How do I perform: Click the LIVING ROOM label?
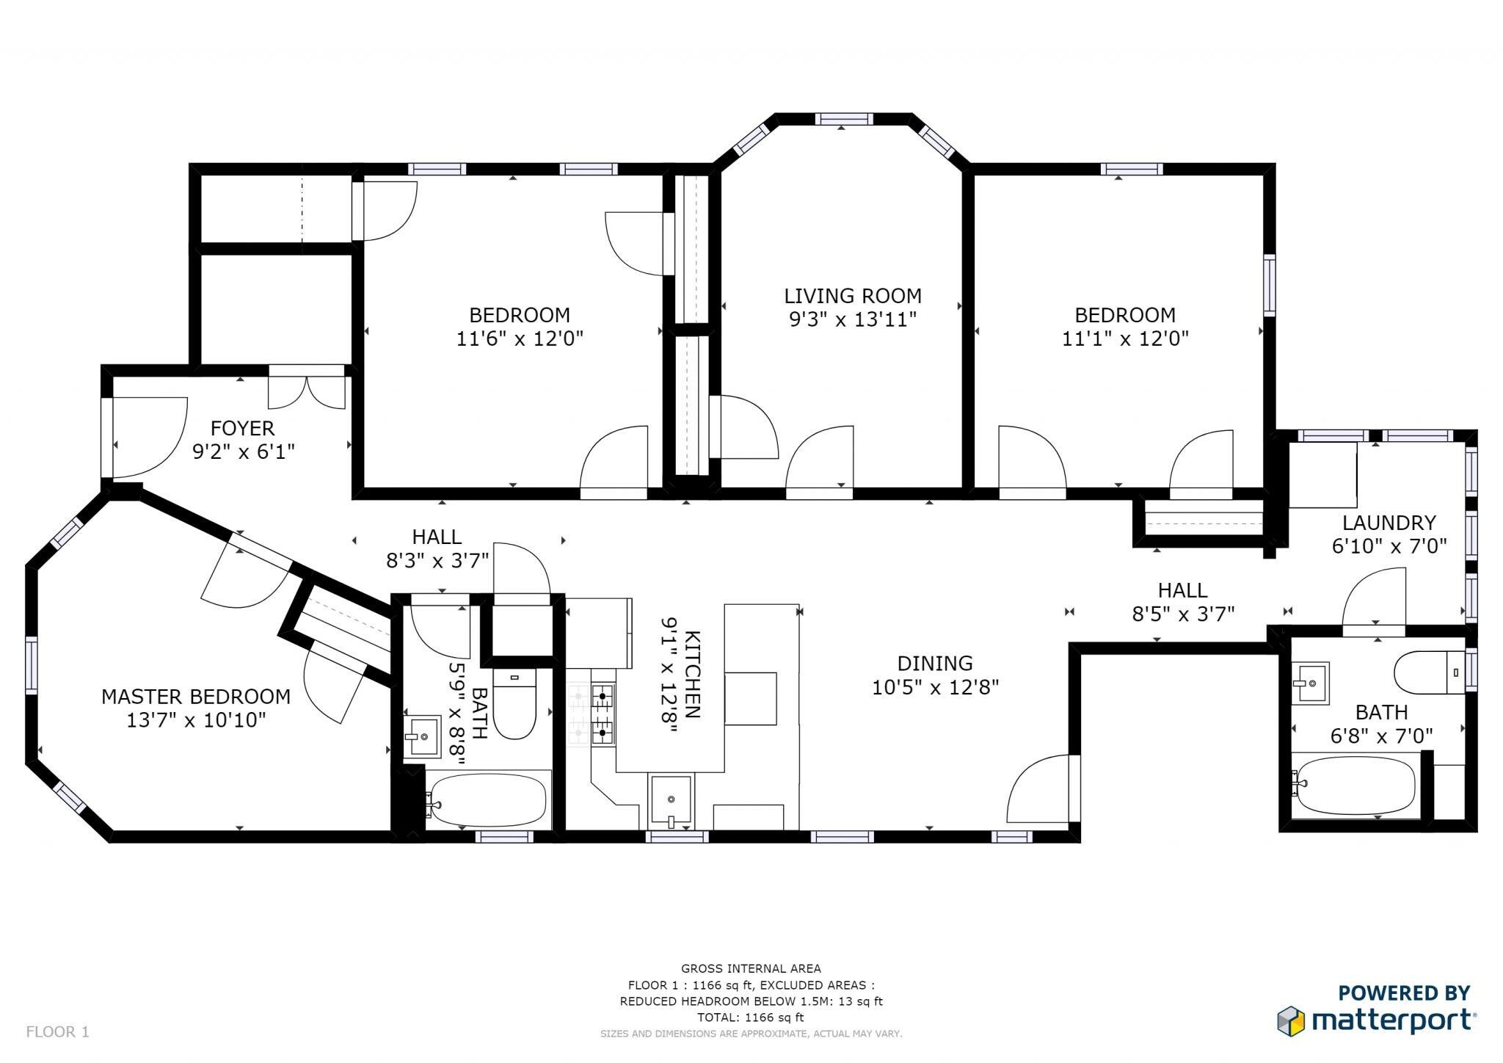(x=852, y=296)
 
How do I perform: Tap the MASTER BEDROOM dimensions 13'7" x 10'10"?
(x=196, y=720)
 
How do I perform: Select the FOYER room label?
(x=242, y=428)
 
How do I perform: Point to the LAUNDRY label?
(x=1389, y=523)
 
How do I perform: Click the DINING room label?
(x=935, y=663)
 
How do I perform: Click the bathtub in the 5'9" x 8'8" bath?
(x=488, y=801)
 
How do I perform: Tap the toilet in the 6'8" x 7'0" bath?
(x=1428, y=672)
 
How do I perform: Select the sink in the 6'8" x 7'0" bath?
(x=1310, y=683)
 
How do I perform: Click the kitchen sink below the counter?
(x=671, y=799)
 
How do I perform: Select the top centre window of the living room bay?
(x=843, y=119)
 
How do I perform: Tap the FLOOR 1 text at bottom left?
(x=57, y=1031)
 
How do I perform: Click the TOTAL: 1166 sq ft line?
(x=750, y=1017)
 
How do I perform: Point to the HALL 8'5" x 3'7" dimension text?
(x=1183, y=614)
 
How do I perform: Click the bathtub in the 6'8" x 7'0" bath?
(x=1355, y=785)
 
